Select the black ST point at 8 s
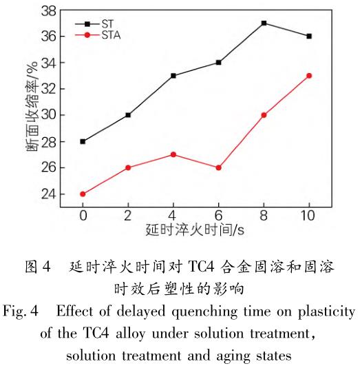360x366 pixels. point(264,23)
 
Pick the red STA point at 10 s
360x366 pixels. point(309,75)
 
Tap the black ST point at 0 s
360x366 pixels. point(83,141)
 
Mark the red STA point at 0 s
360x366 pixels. point(83,194)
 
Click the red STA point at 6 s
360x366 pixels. point(218,167)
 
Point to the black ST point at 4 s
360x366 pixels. point(173,75)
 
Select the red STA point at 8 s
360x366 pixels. point(264,115)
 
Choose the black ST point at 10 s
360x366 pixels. point(309,36)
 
